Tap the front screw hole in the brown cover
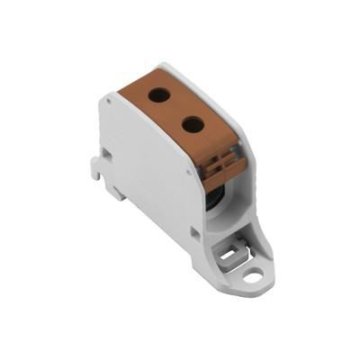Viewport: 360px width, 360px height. (x=193, y=124)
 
